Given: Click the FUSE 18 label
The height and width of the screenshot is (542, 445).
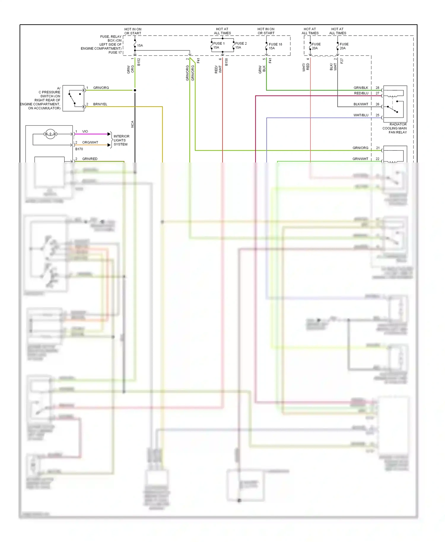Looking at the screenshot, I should tap(275, 44).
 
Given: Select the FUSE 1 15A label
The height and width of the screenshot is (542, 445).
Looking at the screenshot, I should tap(219, 45).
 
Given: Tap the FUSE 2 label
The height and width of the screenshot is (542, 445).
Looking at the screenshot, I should tap(241, 43).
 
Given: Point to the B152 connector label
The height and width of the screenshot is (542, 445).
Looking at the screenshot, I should tap(139, 62).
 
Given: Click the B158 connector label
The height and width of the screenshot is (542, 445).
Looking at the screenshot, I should tap(226, 62).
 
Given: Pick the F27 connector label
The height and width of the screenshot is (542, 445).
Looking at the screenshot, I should tap(342, 61).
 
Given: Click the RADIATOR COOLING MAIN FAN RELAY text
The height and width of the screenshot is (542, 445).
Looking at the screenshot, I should tap(395, 128).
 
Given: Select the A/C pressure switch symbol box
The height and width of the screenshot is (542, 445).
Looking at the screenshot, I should tap(73, 98).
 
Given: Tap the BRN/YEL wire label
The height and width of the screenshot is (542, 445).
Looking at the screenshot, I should tap(100, 104).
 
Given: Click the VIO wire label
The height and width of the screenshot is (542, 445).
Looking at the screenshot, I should tap(85, 131).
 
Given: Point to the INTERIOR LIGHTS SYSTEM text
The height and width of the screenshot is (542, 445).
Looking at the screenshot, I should tap(121, 140).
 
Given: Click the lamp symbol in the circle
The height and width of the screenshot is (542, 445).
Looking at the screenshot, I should tap(50, 134).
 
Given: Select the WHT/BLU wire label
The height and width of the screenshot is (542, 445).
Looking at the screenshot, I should tap(361, 115).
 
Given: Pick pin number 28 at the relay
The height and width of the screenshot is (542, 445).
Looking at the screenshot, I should tap(377, 88).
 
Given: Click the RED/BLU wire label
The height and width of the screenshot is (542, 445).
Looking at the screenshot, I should tap(361, 93).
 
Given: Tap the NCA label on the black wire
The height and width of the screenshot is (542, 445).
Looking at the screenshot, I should tap(133, 124).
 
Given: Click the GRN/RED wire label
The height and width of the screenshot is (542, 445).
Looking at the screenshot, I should tap(90, 159).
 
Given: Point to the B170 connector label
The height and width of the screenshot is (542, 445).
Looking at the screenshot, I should tap(79, 149).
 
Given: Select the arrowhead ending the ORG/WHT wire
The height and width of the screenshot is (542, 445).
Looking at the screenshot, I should tap(109, 145).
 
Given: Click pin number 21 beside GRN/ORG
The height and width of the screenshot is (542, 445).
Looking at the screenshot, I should tap(378, 148).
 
